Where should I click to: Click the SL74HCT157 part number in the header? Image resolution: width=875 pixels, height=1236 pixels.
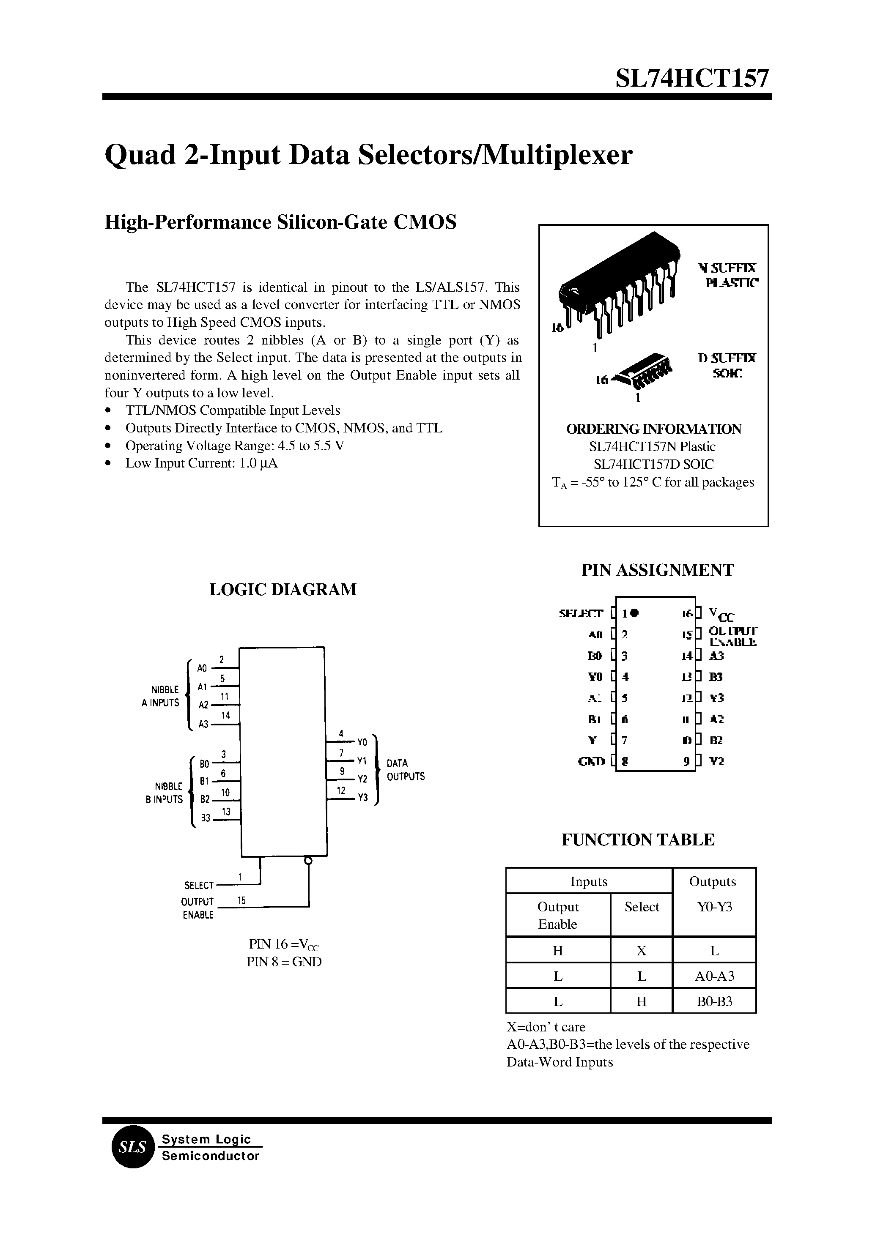692,79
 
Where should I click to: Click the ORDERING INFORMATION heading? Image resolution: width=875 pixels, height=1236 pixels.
653,429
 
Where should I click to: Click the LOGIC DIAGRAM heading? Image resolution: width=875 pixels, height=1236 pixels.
283,589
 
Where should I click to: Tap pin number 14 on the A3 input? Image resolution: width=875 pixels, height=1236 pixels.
226,715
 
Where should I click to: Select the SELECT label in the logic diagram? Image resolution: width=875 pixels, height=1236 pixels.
199,886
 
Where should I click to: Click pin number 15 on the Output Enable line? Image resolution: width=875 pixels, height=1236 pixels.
241,900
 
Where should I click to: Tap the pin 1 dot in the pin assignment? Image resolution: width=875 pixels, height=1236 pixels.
635,613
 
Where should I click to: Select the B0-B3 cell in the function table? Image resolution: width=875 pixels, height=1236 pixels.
714,1001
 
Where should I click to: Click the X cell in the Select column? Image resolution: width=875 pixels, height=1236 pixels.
641,951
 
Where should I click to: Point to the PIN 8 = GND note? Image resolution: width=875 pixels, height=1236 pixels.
284,962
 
